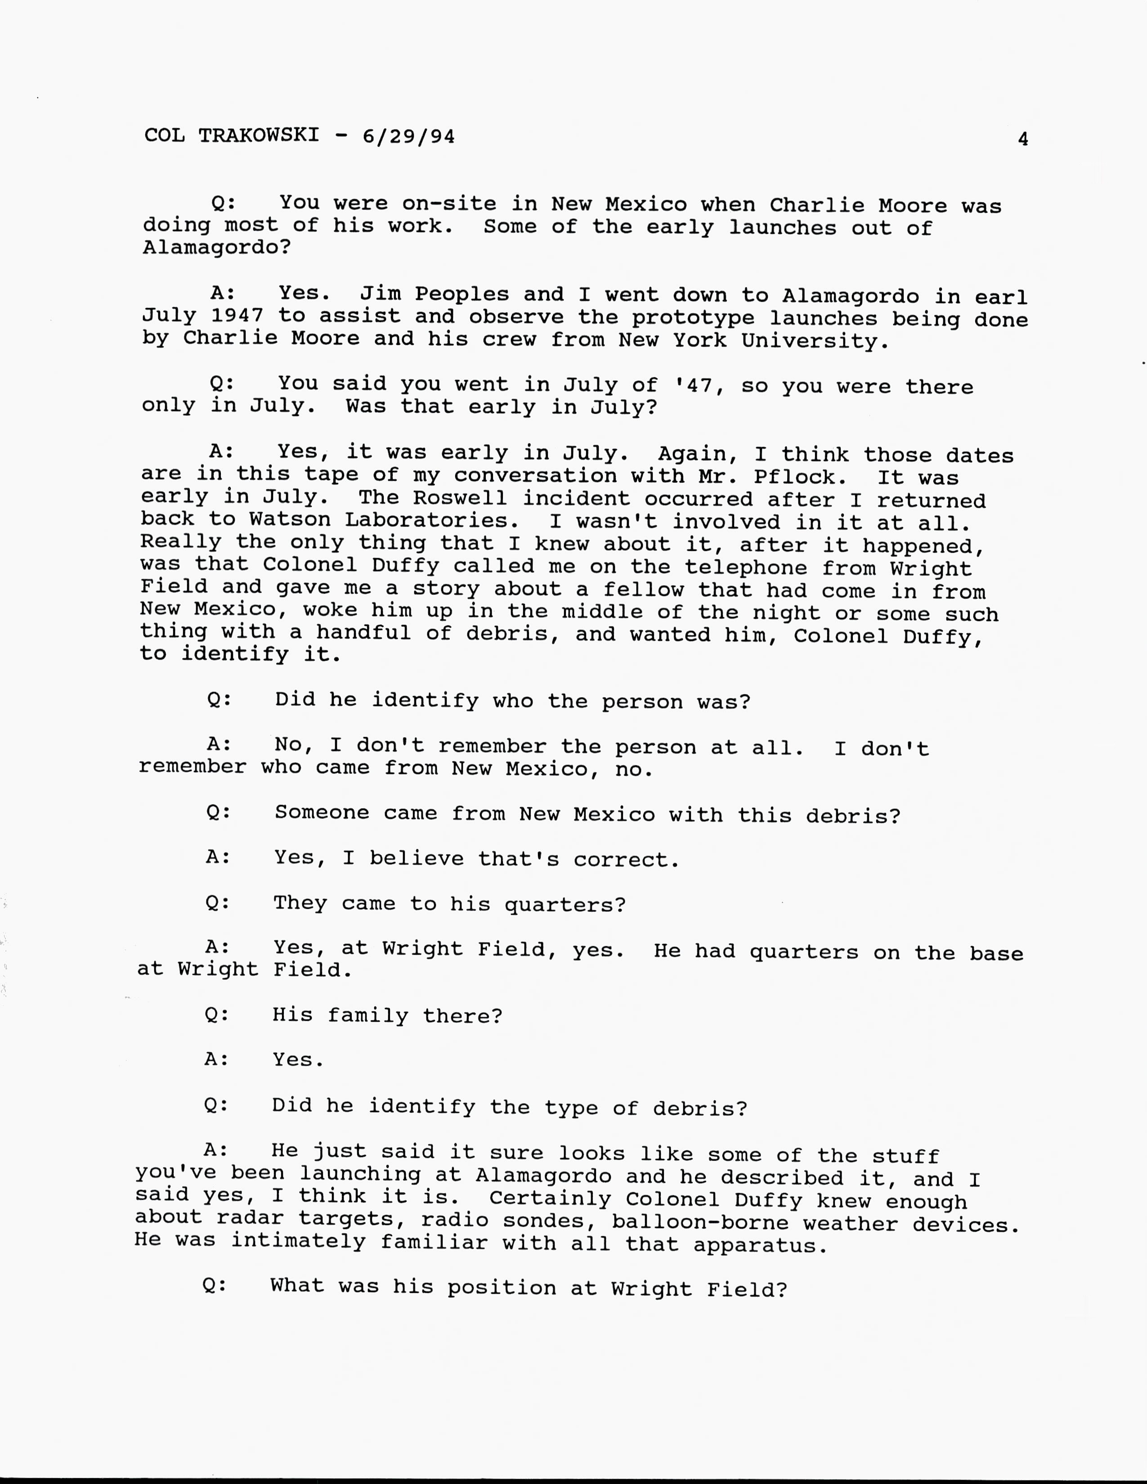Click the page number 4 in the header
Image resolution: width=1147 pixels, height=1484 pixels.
click(1023, 139)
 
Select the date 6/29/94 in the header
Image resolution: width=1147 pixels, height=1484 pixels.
click(408, 137)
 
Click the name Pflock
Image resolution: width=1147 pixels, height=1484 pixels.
click(794, 476)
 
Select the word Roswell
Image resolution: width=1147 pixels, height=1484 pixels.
click(460, 498)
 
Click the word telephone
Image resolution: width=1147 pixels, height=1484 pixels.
click(746, 568)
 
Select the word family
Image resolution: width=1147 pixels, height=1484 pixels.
click(367, 1016)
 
